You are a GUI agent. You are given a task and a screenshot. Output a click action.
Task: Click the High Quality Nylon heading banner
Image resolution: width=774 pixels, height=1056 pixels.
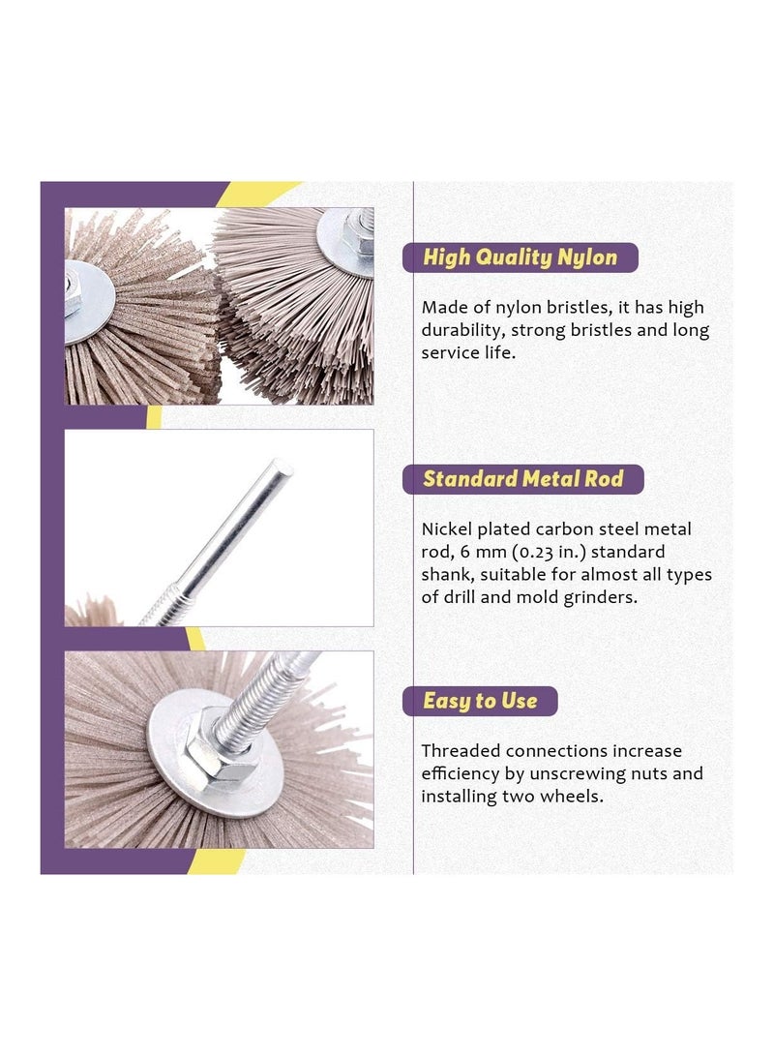pos(520,257)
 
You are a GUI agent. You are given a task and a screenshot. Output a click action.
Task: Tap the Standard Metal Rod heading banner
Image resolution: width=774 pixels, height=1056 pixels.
pos(521,479)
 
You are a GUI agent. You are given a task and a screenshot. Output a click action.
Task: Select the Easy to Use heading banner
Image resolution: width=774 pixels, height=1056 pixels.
pos(480,701)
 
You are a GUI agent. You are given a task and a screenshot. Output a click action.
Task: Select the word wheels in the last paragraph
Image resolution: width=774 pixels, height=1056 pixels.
pos(577,797)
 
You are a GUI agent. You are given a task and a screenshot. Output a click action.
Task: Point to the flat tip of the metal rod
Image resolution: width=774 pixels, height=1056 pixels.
pos(282,468)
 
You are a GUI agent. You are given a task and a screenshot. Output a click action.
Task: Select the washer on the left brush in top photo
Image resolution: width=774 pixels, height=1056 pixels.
pos(89,303)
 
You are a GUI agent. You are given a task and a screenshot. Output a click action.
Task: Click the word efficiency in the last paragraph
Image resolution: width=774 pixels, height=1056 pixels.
pos(462,773)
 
